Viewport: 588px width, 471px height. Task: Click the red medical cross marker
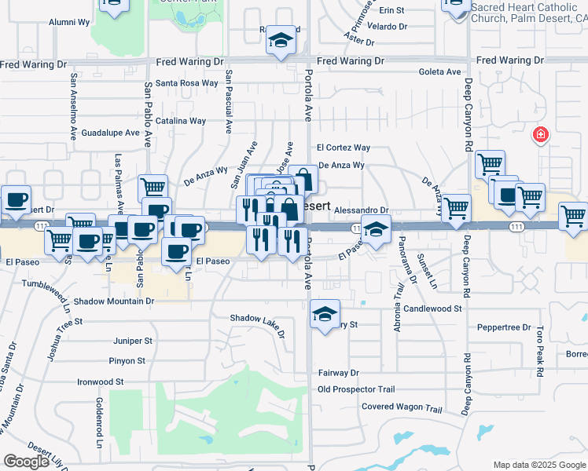click(540, 135)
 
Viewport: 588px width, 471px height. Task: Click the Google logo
click(26, 462)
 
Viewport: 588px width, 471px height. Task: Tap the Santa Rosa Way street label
click(186, 82)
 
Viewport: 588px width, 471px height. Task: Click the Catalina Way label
click(180, 121)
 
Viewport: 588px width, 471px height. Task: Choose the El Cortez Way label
click(344, 148)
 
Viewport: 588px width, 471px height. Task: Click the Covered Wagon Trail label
click(402, 407)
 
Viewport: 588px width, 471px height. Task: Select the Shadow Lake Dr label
click(257, 323)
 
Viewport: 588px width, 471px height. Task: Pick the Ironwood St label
click(101, 382)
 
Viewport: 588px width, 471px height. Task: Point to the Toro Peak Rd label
click(540, 353)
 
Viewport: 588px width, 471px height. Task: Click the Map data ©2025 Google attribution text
click(538, 465)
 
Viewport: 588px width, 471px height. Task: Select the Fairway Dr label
click(339, 373)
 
